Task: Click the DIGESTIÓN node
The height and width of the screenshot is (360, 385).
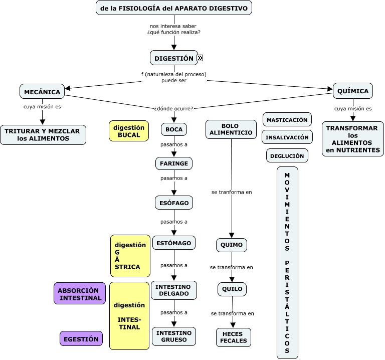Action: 173,58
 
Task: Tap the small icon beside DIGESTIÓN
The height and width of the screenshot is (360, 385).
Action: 200,58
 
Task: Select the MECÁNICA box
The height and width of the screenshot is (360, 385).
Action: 42,92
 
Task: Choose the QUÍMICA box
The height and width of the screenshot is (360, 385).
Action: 353,91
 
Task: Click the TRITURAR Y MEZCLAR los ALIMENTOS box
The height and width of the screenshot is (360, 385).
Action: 43,134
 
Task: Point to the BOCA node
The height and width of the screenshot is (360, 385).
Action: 174,129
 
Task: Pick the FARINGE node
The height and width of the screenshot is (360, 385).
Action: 174,163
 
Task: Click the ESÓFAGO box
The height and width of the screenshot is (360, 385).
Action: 174,203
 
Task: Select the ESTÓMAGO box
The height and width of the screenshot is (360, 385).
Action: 174,243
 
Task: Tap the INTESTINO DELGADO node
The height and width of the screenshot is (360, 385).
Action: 174,290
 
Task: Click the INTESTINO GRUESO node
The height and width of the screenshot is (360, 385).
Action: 174,336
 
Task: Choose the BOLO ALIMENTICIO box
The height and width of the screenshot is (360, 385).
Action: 231,129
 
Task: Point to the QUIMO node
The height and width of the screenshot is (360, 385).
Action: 232,245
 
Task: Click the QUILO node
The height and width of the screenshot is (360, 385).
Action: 232,289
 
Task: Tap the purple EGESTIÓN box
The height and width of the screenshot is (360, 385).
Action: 81,339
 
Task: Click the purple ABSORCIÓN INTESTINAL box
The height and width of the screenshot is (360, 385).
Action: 80,294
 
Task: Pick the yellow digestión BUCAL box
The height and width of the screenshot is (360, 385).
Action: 129,131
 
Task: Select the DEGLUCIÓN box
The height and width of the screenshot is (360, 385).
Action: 287,156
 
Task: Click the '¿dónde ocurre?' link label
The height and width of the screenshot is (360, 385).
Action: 174,108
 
